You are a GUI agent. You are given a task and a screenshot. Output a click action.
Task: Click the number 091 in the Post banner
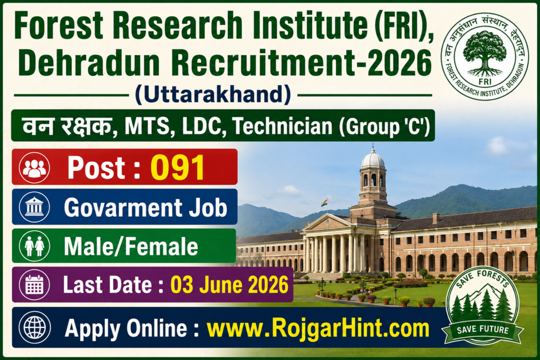pyautogui.click(x=178, y=168)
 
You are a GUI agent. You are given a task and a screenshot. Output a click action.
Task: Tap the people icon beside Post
pyautogui.click(x=34, y=168)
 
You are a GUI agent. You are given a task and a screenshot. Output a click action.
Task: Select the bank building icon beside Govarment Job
pyautogui.click(x=34, y=207)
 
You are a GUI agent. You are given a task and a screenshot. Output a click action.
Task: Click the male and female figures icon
pyautogui.click(x=34, y=246)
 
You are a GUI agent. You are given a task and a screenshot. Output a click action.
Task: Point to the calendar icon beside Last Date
pyautogui.click(x=34, y=285)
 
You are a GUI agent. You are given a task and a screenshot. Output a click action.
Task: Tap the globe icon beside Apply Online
pyautogui.click(x=34, y=327)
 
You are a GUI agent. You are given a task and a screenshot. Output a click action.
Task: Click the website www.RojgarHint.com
pyautogui.click(x=318, y=328)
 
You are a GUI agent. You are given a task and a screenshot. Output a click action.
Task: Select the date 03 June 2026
pyautogui.click(x=229, y=285)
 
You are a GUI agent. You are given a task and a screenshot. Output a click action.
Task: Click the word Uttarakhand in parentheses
pyautogui.click(x=213, y=94)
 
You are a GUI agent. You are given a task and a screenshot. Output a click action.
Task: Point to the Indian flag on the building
pyautogui.click(x=324, y=202)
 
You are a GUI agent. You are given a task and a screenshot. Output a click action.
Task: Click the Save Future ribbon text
pyautogui.click(x=483, y=330)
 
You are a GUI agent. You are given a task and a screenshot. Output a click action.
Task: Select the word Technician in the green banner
pyautogui.click(x=283, y=127)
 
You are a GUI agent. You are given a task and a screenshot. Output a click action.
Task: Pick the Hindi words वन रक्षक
pyautogui.click(x=67, y=126)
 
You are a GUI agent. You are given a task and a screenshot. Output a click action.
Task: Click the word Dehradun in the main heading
pyautogui.click(x=90, y=63)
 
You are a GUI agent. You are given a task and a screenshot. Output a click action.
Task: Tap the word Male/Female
pyautogui.click(x=131, y=247)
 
